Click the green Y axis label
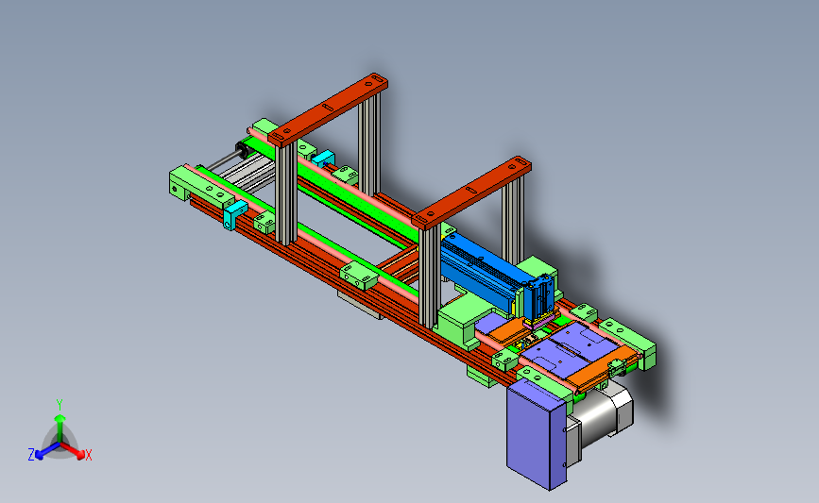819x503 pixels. (60, 405)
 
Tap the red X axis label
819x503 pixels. (88, 455)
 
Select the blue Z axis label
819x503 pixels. (31, 455)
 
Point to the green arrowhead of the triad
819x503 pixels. (60, 418)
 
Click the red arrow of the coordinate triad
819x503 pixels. (72, 450)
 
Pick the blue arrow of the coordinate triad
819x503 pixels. (47, 451)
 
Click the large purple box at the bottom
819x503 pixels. (537, 434)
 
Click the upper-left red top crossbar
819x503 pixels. (328, 109)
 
